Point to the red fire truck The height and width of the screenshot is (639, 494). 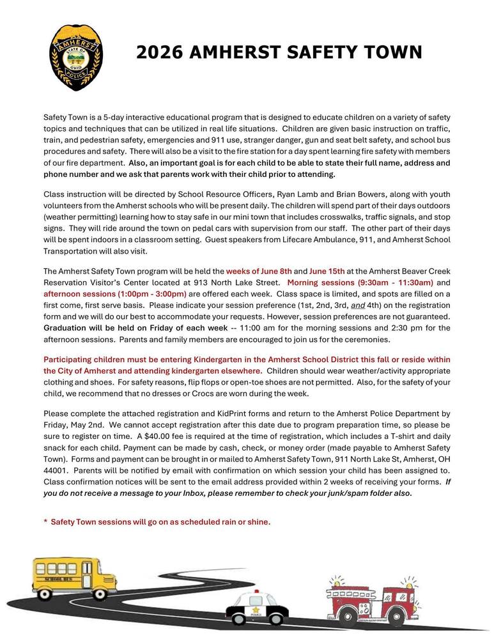click(x=364, y=600)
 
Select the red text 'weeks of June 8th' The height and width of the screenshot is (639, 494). click(x=259, y=271)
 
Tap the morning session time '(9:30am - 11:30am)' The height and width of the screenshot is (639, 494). click(x=393, y=282)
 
